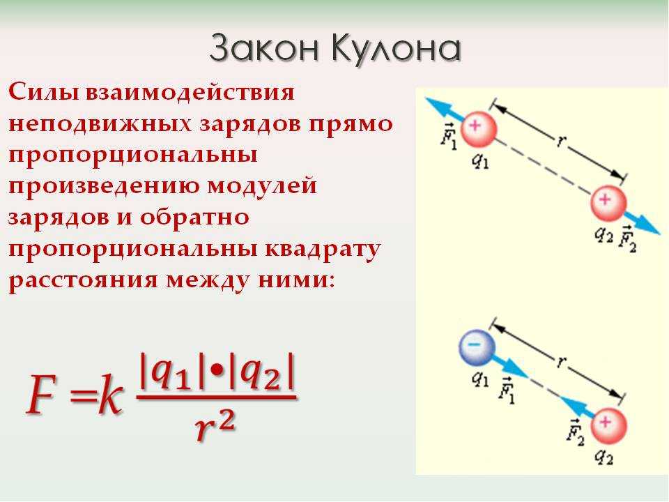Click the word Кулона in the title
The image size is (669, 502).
coord(396,49)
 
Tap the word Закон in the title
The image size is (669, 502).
coord(265,48)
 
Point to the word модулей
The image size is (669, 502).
coord(262,187)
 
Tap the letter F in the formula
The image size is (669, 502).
coord(41,394)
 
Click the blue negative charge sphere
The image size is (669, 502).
coord(477,347)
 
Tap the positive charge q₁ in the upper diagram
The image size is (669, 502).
coord(478,130)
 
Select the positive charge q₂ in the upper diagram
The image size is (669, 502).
coord(608,203)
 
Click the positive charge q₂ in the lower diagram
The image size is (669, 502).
coord(608,426)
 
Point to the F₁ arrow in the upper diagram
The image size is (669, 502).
coord(445,109)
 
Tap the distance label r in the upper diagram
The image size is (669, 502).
coord(560,140)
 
